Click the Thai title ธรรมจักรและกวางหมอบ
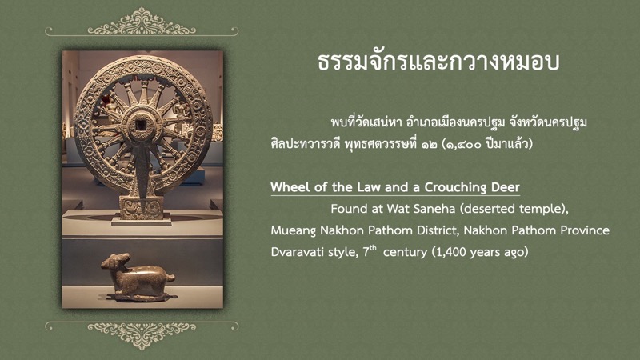pos(438,62)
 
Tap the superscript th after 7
pos(373,247)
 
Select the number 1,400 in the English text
pos(451,252)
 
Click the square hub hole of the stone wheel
pos(142,125)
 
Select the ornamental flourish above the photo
pos(142,23)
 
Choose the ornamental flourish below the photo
pos(142,335)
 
